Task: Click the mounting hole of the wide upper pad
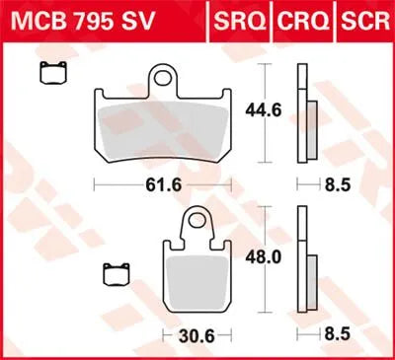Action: click(163, 78)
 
